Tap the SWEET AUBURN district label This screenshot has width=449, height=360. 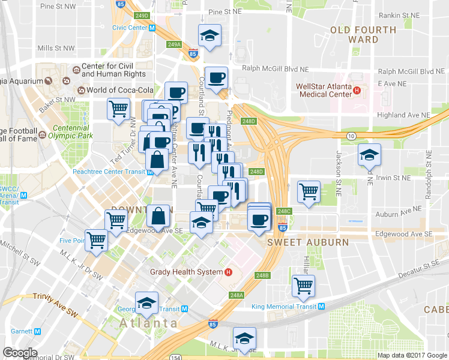click(308, 242)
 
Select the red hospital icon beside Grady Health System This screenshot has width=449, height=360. click(228, 272)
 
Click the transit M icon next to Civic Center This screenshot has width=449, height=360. click(152, 28)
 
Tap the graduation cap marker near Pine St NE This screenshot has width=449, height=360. click(210, 35)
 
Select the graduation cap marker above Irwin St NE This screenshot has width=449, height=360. click(369, 154)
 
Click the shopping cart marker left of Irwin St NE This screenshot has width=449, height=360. click(309, 192)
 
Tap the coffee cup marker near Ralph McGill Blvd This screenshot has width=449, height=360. click(216, 77)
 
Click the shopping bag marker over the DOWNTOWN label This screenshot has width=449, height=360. click(157, 216)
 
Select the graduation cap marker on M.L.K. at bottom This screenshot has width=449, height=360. click(244, 338)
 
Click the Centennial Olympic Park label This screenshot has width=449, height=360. click(72, 132)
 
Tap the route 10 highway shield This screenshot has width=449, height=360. click(351, 136)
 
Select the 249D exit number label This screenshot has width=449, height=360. click(142, 15)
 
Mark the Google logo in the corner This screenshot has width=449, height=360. click(20, 353)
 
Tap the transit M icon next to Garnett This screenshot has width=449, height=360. click(37, 331)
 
